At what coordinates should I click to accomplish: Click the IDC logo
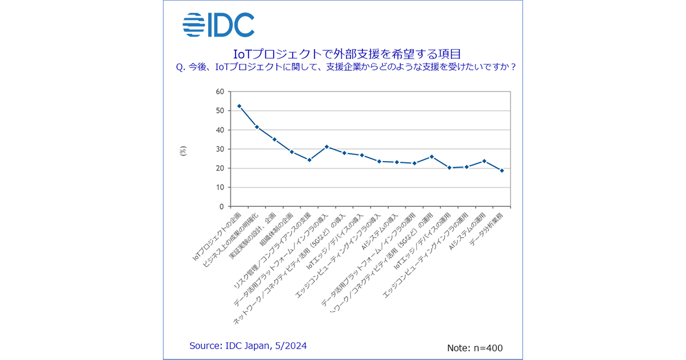(218, 25)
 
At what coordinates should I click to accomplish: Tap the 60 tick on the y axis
(220, 91)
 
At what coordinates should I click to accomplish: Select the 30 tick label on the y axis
(220, 149)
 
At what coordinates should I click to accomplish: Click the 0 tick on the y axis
(222, 206)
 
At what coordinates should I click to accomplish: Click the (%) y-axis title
(183, 151)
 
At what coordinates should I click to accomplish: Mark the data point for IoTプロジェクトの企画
(239, 106)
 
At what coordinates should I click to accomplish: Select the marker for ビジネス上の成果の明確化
(257, 127)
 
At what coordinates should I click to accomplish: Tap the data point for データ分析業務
(502, 170)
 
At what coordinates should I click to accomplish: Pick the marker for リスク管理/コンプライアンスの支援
(309, 160)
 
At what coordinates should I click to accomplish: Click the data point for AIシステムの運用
(484, 161)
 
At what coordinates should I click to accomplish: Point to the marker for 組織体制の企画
(292, 152)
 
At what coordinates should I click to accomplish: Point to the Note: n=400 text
(474, 347)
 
